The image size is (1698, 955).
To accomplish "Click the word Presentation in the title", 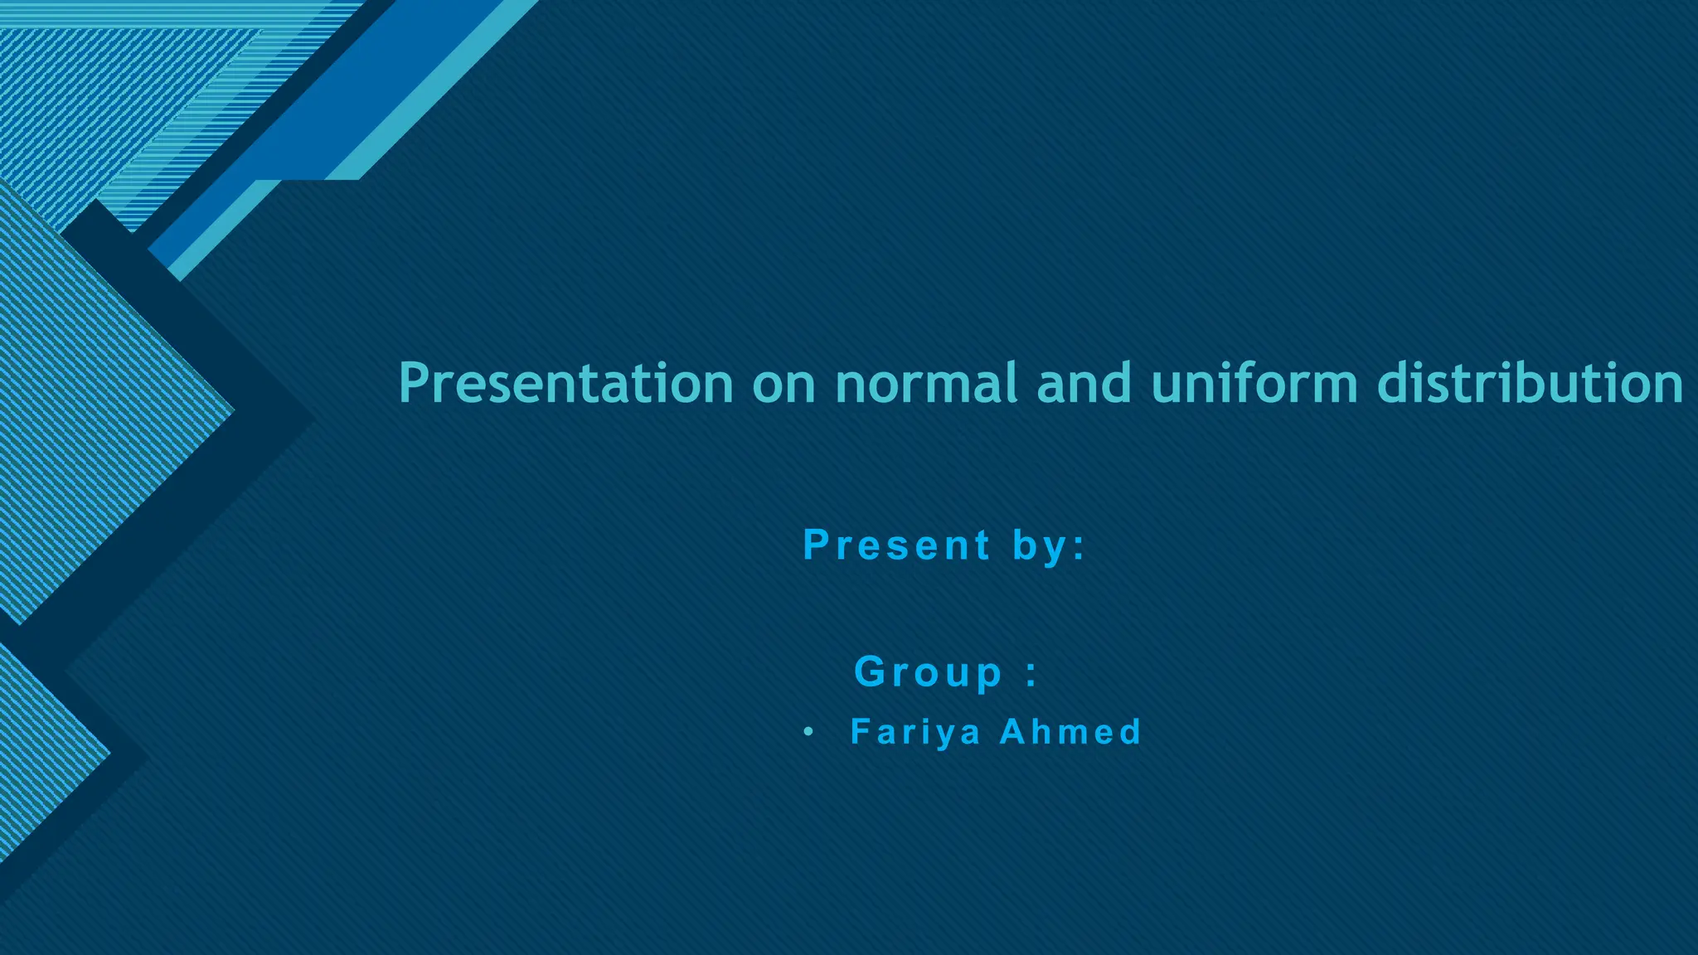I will tap(565, 383).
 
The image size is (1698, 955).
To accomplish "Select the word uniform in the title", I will tap(1254, 383).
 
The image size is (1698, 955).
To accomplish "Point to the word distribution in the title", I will tap(1531, 383).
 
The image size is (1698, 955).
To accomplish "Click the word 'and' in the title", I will tap(1084, 383).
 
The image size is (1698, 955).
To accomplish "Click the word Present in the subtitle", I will tap(897, 545).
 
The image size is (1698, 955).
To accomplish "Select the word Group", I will tap(929, 671).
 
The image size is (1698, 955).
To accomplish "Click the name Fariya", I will tap(915, 733).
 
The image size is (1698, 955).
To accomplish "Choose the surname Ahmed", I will tap(1070, 732).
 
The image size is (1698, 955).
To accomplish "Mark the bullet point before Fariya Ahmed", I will tap(808, 733).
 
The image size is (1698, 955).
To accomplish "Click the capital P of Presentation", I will tap(414, 383).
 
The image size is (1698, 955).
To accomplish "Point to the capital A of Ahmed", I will tap(1014, 732).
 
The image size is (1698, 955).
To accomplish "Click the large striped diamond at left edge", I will tap(91, 398).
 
